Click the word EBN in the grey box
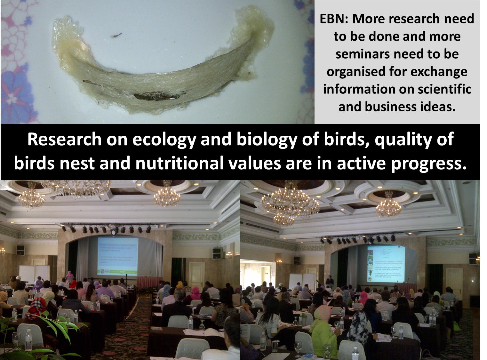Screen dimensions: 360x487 [x=334, y=19]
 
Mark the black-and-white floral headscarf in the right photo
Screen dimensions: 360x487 [x=358, y=325]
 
